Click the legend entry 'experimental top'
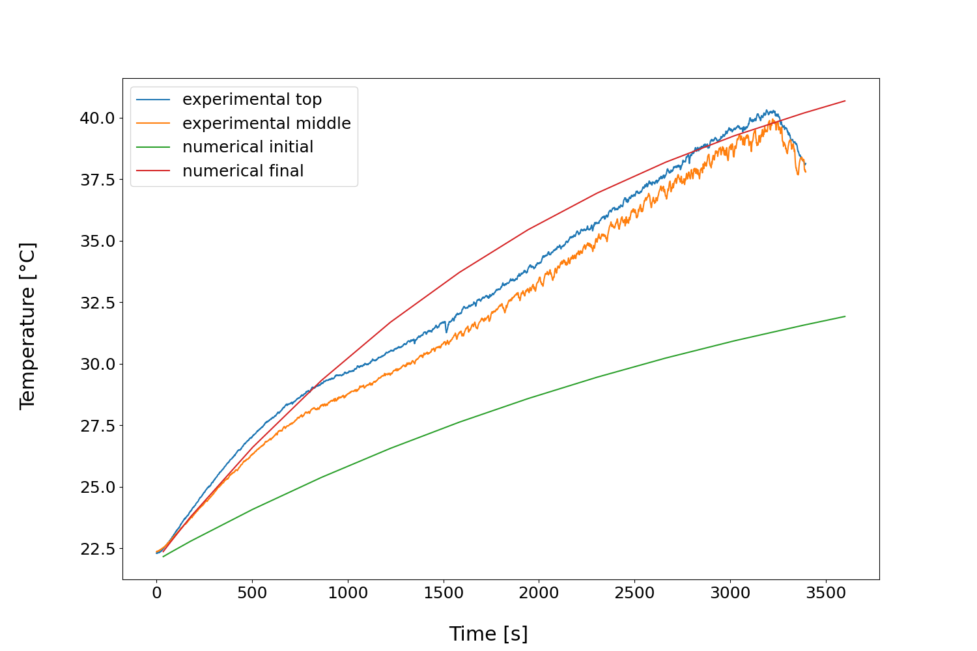(x=251, y=100)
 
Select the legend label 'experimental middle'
(x=266, y=124)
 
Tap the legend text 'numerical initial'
(x=248, y=147)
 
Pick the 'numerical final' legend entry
(x=243, y=171)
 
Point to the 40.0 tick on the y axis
(x=97, y=118)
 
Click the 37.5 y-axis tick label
(x=97, y=180)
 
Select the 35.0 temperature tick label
(x=97, y=241)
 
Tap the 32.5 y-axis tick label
(x=97, y=303)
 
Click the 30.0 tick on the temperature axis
(x=97, y=364)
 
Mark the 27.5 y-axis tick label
(x=97, y=426)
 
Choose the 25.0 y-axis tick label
(x=97, y=487)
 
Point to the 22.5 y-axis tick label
(x=97, y=549)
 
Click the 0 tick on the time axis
(x=156, y=593)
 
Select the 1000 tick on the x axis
(x=348, y=593)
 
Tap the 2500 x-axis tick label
(x=634, y=593)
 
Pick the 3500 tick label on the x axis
(x=826, y=593)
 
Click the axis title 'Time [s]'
(x=488, y=633)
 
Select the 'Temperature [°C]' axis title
(x=27, y=325)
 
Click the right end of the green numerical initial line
(x=845, y=316)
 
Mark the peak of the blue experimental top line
(x=769, y=110)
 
